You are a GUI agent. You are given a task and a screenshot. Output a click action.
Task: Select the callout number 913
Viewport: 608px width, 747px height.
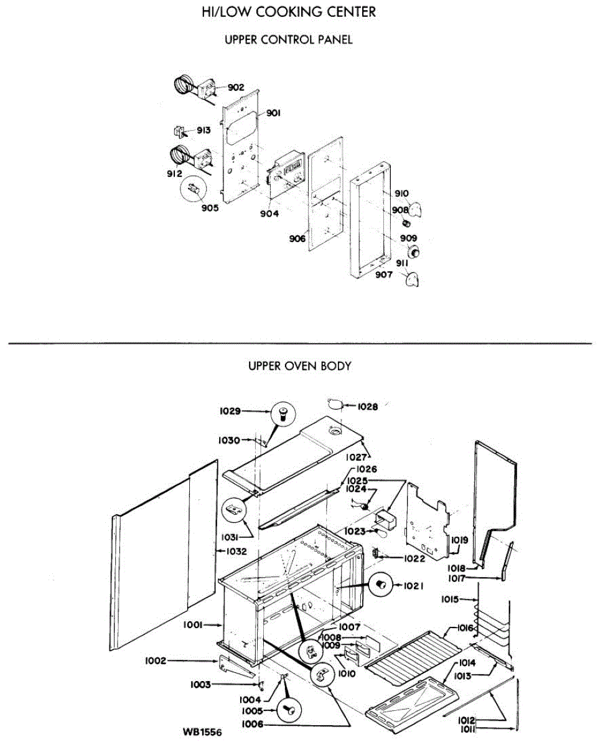coord(203,131)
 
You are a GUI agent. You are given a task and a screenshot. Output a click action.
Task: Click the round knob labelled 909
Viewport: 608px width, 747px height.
coord(411,252)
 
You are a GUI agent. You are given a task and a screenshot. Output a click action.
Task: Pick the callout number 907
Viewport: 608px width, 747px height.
coord(383,275)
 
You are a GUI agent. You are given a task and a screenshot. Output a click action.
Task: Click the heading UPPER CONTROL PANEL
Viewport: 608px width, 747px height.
coord(288,40)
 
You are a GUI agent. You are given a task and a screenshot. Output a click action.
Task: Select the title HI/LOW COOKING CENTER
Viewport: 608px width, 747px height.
coord(289,12)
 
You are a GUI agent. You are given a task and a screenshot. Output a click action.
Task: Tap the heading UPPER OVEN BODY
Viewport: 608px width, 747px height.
coord(299,366)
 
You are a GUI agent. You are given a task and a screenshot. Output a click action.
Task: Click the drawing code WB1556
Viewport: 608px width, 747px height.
coord(202,731)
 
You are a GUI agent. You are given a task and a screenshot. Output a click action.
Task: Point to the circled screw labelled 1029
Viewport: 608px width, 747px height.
coord(281,412)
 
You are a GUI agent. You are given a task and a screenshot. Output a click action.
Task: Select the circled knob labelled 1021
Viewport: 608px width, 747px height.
coord(380,585)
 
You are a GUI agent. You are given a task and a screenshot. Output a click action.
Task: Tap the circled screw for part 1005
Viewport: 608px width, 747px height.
coord(288,709)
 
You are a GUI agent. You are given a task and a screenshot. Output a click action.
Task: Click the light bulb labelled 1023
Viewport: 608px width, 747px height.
coord(380,533)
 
